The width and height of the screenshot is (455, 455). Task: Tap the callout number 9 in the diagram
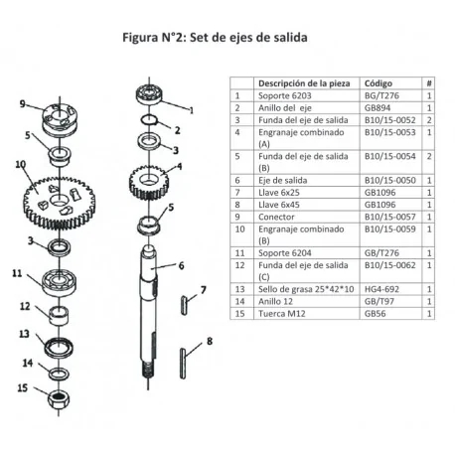(22, 103)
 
